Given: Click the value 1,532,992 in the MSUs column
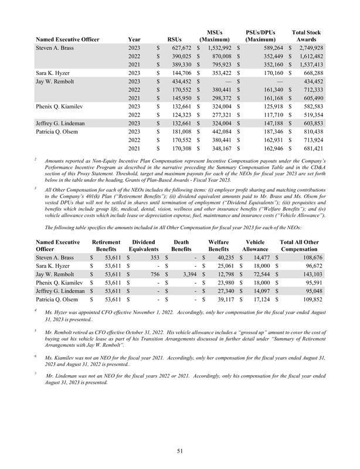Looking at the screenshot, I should point(218,46).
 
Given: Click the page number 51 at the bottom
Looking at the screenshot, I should point(179,450).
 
